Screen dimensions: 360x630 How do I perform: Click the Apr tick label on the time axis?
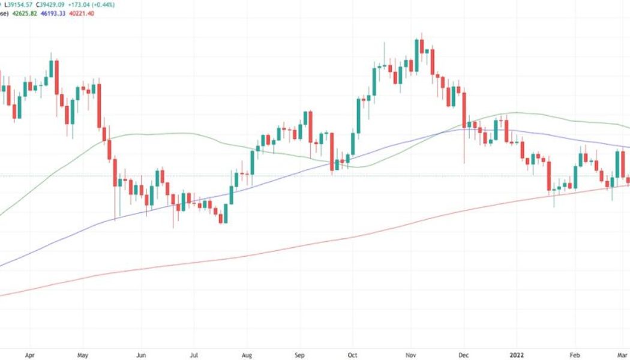point(31,355)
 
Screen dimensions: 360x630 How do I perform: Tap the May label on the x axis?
point(83,355)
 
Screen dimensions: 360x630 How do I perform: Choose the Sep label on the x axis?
point(302,355)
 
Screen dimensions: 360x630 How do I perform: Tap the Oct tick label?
point(354,355)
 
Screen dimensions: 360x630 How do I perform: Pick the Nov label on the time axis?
point(411,355)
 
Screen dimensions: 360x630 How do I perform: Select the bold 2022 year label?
point(518,355)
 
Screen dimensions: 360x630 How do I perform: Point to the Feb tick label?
point(575,355)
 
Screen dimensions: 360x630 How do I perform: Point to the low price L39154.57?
point(19,4)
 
